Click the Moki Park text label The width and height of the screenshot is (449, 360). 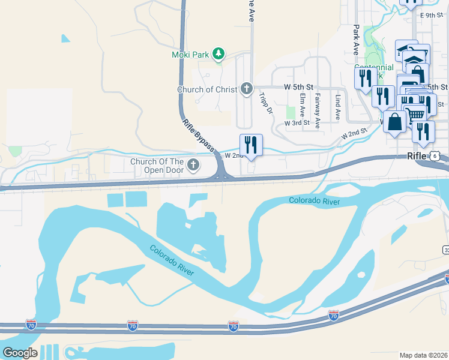click(192, 55)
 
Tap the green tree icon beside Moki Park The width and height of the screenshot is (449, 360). click(219, 55)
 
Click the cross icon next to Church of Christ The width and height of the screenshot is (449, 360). click(246, 89)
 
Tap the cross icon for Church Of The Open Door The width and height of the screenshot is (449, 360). click(193, 164)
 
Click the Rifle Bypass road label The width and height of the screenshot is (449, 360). click(198, 131)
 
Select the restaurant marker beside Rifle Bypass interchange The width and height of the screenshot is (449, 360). click(251, 145)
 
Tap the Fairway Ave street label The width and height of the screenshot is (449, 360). click(318, 107)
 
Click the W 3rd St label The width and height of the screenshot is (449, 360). click(297, 124)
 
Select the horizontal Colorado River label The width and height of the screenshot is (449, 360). click(314, 200)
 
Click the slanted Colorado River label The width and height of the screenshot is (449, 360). click(172, 260)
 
